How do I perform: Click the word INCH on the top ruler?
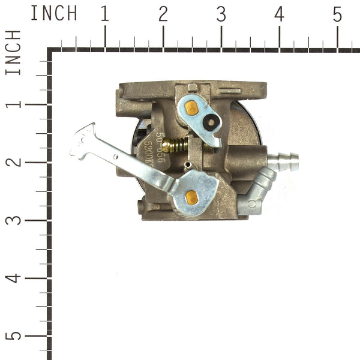click(x=53, y=13)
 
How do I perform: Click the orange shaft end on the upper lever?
click(x=191, y=109)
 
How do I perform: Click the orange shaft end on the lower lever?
click(x=191, y=196)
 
